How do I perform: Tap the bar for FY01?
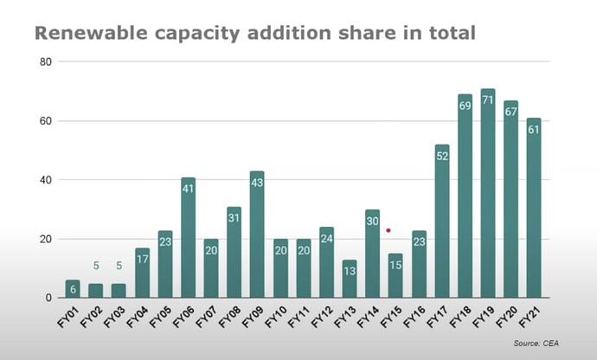[x=73, y=289]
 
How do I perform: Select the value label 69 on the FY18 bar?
[x=465, y=106]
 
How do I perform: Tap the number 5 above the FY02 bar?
[x=96, y=267]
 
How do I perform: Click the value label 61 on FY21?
[x=534, y=130]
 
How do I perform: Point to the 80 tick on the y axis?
[x=46, y=62]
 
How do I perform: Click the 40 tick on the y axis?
[x=46, y=180]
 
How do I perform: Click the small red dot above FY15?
[x=388, y=230]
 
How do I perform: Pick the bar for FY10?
[x=280, y=268]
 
